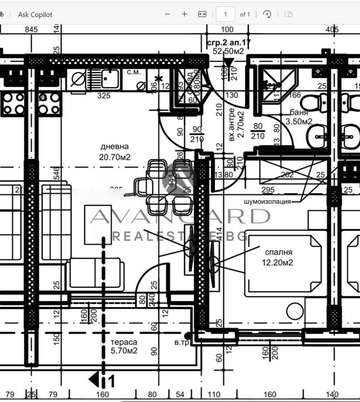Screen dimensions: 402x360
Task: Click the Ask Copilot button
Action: pyautogui.click(x=35, y=14)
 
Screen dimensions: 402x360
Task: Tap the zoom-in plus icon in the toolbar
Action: pyautogui.click(x=184, y=14)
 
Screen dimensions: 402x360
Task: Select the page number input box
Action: pyautogui.click(x=225, y=14)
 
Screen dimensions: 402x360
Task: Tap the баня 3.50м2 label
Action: pyautogui.click(x=298, y=117)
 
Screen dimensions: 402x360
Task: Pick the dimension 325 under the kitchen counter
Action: pyautogui.click(x=104, y=96)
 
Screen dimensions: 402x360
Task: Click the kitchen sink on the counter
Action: pyautogui.click(x=109, y=80)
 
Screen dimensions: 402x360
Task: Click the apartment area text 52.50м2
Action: pyautogui.click(x=228, y=51)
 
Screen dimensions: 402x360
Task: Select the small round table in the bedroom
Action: pyautogui.click(x=296, y=311)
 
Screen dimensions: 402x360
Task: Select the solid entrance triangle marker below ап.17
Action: pyautogui.click(x=229, y=62)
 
